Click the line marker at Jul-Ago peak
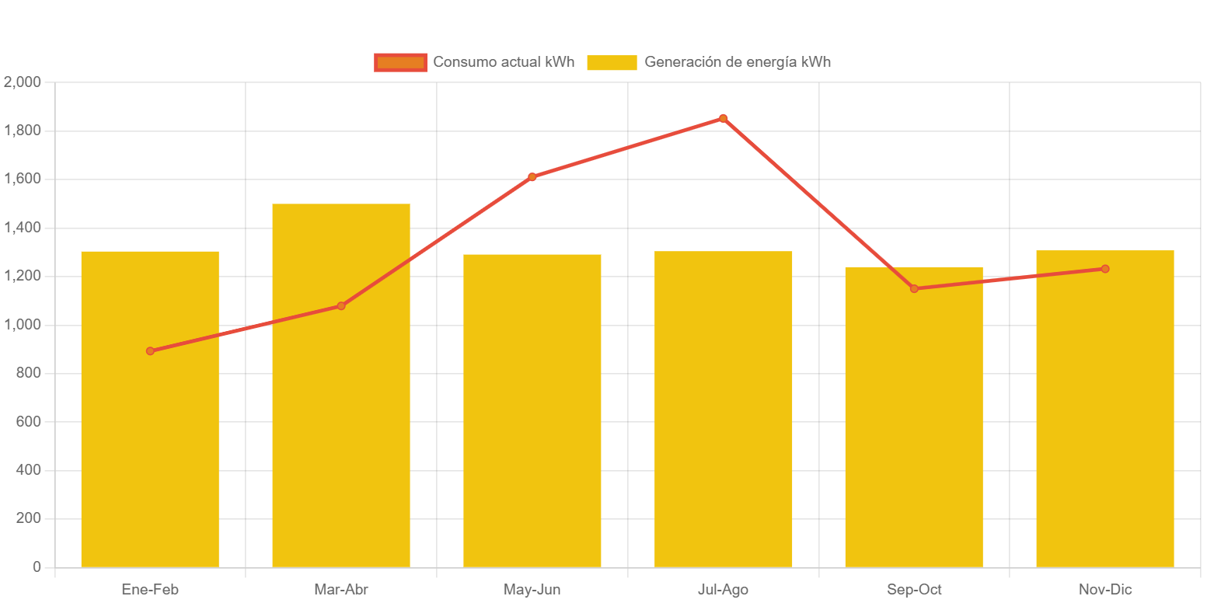pos(723,119)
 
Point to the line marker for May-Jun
pos(532,177)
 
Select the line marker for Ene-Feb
pos(150,351)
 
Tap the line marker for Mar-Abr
pos(341,306)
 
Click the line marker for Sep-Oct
pos(914,289)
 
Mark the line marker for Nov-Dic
pos(1104,269)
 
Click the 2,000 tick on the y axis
pos(23,82)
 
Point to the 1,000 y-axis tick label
pos(23,324)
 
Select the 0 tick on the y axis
pos(37,567)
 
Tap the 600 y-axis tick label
pos(27,421)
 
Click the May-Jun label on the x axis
pos(532,590)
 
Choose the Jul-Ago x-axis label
pos(723,590)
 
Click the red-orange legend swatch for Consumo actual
pos(400,62)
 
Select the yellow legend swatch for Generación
pos(612,62)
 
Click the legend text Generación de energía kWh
pos(738,62)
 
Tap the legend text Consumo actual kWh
pos(504,62)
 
